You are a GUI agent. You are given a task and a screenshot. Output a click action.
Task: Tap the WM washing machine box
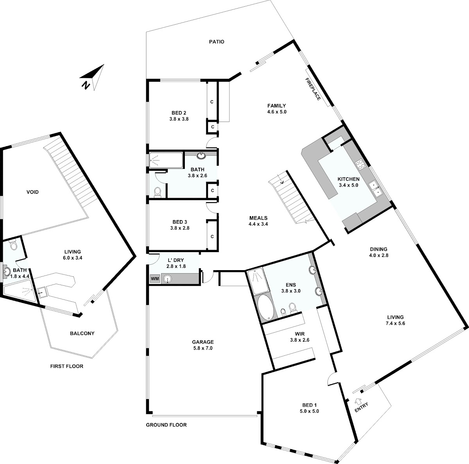coord(155,279)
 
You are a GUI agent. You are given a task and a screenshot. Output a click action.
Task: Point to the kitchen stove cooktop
coord(360,165)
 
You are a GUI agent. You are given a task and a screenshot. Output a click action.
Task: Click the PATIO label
coord(217,42)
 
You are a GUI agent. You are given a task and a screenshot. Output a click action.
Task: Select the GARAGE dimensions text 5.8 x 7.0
coord(203,348)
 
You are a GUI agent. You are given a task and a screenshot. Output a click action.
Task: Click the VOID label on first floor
coord(32,192)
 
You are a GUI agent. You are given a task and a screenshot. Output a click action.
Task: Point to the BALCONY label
coord(82,333)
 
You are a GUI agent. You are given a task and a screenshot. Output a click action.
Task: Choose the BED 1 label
coord(309,405)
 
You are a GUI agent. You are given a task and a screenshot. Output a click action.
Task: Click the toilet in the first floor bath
coord(14,245)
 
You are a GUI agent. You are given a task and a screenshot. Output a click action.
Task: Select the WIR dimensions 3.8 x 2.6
coord(300,340)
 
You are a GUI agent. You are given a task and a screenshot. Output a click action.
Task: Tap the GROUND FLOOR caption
coord(166,425)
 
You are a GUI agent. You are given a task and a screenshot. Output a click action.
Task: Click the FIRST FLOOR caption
coord(67,366)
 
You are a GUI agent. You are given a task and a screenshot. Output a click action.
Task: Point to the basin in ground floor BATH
coord(201,155)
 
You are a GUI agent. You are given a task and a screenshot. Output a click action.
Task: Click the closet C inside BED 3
coord(212,236)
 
